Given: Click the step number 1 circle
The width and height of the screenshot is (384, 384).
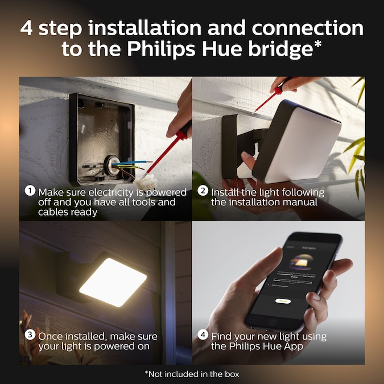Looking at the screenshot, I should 30,191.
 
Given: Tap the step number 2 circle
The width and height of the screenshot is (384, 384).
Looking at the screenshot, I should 203,191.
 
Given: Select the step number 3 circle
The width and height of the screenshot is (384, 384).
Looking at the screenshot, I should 30,335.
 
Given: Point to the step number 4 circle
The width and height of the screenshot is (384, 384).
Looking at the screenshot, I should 203,335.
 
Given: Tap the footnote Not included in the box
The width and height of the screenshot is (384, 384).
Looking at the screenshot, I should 192,374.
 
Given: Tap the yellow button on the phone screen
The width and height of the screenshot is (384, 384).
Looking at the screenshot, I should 283,300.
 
